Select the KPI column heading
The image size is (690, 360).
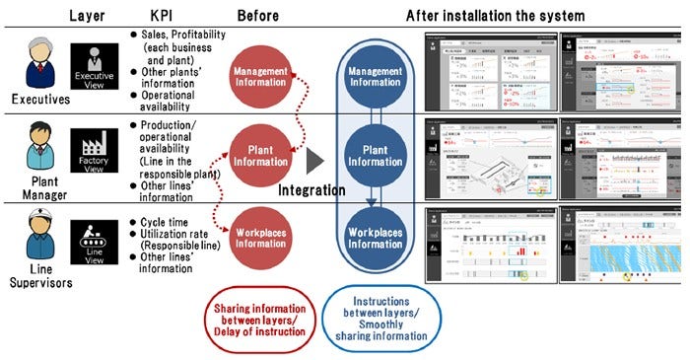pos(163,16)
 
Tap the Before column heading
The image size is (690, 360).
pos(259,16)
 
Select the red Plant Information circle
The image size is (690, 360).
pos(259,155)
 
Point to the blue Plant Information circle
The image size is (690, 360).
pos(375,155)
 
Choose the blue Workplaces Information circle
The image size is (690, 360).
pos(375,237)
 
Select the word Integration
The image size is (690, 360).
pos(312,189)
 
